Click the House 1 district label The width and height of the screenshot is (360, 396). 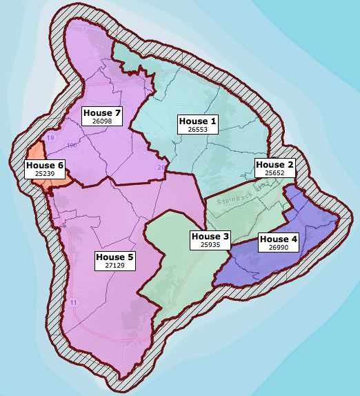tap(198, 121)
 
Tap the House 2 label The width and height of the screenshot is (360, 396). tap(274, 164)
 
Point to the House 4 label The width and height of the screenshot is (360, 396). tap(279, 239)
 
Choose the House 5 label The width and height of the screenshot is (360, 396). tap(114, 257)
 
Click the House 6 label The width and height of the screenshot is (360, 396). tap(44, 166)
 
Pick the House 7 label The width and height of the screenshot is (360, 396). tap(102, 112)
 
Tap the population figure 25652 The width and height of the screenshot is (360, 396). tap(274, 173)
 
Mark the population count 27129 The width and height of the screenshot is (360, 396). tap(114, 266)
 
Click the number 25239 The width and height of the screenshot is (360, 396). tap(44, 175)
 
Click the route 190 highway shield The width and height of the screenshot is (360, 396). tap(71, 145)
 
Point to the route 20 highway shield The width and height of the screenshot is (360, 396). tap(161, 167)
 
